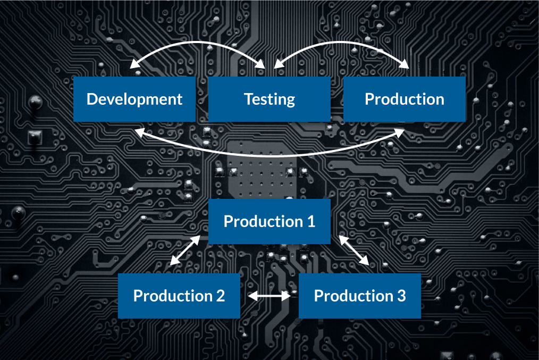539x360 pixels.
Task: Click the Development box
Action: pyautogui.click(x=134, y=99)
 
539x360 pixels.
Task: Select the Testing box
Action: pyautogui.click(x=269, y=99)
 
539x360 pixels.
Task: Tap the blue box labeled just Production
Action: pyautogui.click(x=404, y=99)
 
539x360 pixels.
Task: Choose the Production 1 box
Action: pyautogui.click(x=269, y=221)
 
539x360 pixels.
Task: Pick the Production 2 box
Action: pyautogui.click(x=179, y=296)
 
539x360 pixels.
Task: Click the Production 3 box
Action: pyautogui.click(x=359, y=296)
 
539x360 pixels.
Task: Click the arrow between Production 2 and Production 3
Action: pyautogui.click(x=269, y=294)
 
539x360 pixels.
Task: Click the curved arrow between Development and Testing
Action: pyautogui.click(x=198, y=42)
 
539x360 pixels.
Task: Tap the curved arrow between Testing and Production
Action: pyautogui.click(x=341, y=42)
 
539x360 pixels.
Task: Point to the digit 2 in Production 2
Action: pyautogui.click(x=220, y=296)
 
